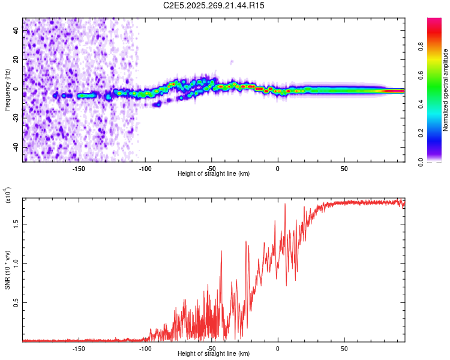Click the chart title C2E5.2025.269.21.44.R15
pos(214,5)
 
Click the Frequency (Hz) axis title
pos(7,89)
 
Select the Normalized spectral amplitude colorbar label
pos(445,89)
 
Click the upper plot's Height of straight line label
pos(214,173)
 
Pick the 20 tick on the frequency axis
pos(16,60)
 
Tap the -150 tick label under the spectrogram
pos(78,169)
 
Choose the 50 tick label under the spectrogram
pos(344,169)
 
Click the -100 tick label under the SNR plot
pos(145,349)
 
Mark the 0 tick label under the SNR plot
pos(278,349)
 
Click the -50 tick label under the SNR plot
pos(211,349)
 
